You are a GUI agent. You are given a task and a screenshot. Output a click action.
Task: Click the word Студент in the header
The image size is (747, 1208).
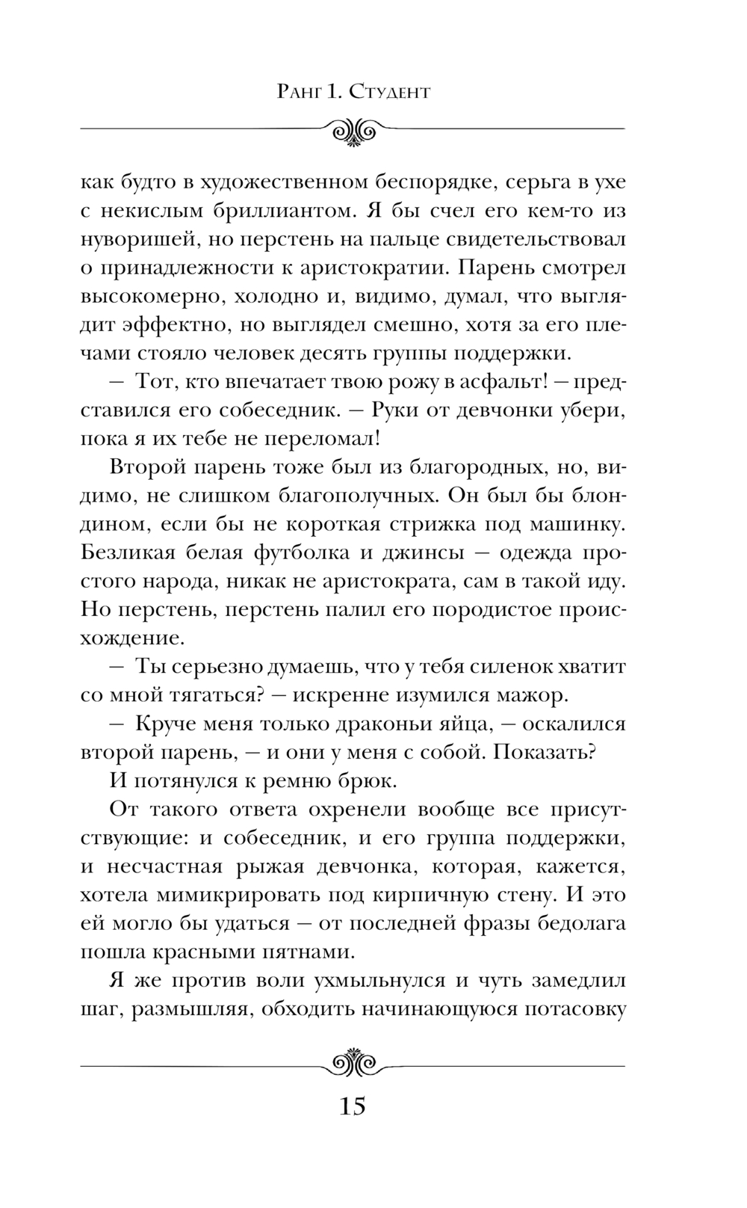[390, 93]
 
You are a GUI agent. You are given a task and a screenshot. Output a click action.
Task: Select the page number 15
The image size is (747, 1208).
[353, 1105]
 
